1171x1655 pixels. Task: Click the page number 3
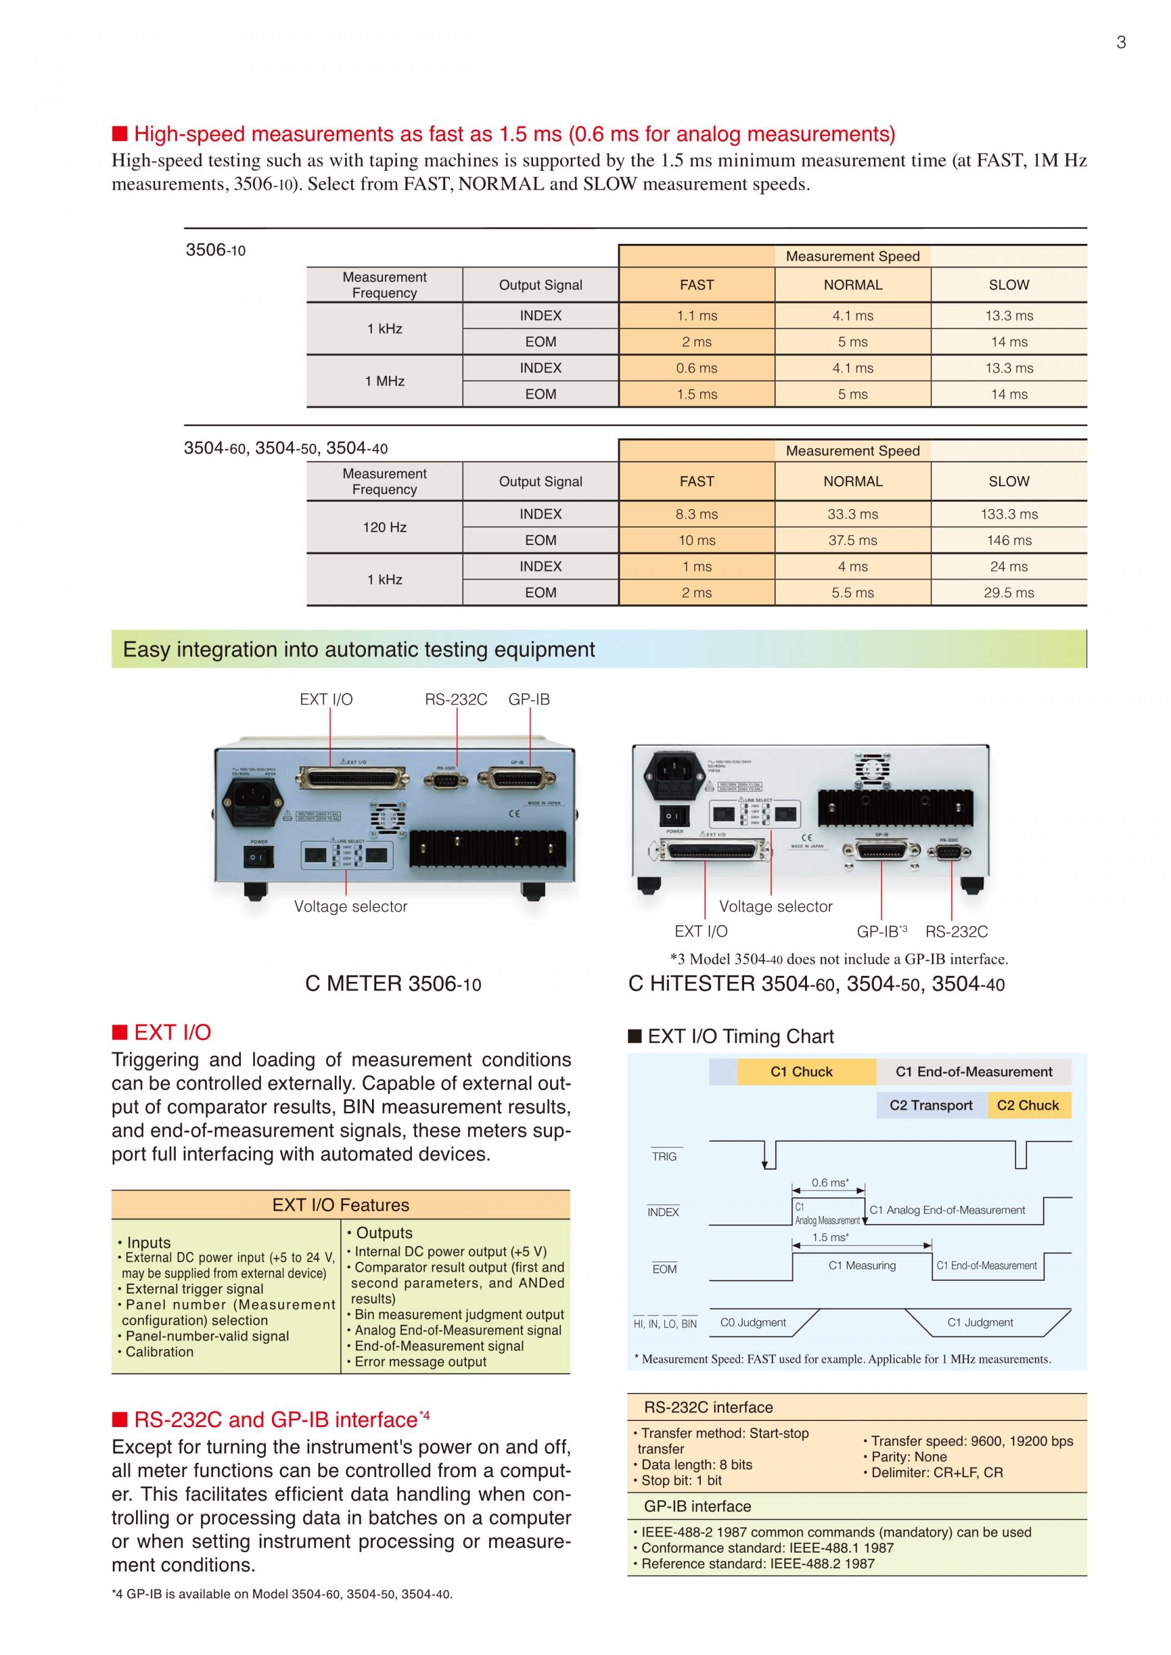tap(1120, 43)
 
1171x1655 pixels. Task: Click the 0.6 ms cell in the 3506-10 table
tap(697, 368)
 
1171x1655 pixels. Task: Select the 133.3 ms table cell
tap(1009, 514)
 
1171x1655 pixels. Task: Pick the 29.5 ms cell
tap(1009, 593)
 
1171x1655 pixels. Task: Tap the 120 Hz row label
tap(384, 527)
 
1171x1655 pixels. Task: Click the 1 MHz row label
tap(384, 380)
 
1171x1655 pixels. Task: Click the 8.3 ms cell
tap(697, 514)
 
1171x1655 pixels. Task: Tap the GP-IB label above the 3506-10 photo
tap(529, 699)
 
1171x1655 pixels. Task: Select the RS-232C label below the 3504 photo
tap(956, 931)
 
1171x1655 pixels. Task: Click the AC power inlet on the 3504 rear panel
tap(673, 777)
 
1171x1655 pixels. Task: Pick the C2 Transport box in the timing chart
tap(931, 1105)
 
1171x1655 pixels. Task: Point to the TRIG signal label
tap(664, 1156)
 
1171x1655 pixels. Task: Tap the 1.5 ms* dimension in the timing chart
tap(830, 1237)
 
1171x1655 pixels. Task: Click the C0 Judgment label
tap(753, 1322)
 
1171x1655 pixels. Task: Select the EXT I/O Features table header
tap(340, 1205)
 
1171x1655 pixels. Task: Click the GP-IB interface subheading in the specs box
tap(697, 1506)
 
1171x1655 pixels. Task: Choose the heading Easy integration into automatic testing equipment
tap(359, 649)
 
